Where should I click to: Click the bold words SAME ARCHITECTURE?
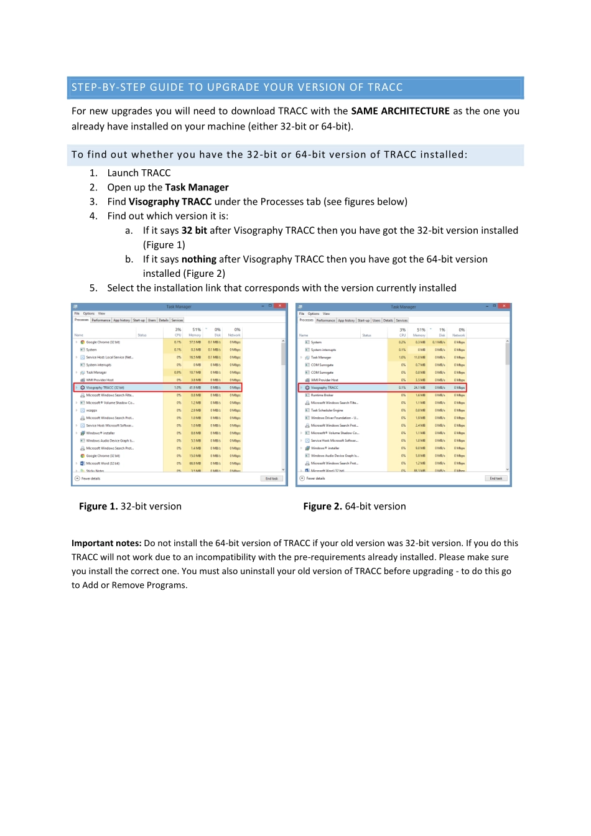[400, 111]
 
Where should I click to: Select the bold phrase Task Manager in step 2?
[197, 188]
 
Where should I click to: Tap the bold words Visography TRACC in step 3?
[170, 202]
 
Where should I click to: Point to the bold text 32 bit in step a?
[194, 231]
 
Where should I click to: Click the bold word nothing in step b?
[198, 259]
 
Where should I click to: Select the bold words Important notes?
[106, 544]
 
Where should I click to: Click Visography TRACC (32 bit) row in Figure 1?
[105, 388]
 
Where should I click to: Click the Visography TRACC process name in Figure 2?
[325, 388]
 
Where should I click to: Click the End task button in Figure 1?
[272, 479]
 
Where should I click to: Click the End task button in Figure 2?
[496, 479]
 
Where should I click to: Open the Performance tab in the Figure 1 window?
[101, 320]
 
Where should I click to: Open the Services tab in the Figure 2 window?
[402, 320]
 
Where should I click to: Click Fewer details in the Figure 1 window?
[90, 479]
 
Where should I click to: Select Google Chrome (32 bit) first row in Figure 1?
[103, 342]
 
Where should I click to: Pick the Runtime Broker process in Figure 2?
[322, 395]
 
